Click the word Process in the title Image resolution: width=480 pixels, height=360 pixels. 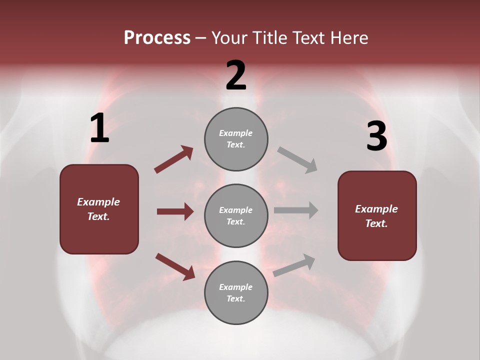[x=157, y=37]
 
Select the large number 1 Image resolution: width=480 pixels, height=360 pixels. [x=99, y=128]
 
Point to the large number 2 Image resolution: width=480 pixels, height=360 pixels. [x=236, y=75]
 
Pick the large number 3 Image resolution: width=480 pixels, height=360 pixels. [x=376, y=136]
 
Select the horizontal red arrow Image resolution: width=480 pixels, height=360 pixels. [x=175, y=211]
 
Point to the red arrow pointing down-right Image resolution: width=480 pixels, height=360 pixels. [x=175, y=266]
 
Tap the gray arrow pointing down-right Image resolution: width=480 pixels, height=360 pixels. [x=297, y=159]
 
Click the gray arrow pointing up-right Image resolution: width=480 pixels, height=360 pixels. [x=294, y=265]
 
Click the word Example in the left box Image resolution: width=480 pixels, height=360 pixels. [x=98, y=202]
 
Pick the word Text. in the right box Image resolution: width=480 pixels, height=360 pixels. [x=376, y=223]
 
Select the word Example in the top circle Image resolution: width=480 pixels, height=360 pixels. [x=236, y=133]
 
